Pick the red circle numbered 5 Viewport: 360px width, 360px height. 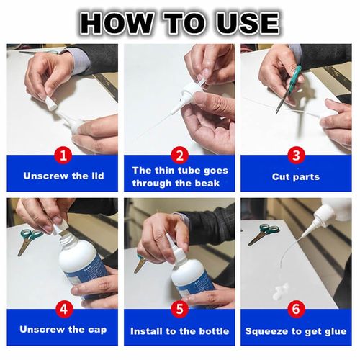[180, 310]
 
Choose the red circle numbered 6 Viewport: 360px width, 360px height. [296, 310]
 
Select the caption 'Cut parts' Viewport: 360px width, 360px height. [296, 176]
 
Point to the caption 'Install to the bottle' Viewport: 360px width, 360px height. [179, 331]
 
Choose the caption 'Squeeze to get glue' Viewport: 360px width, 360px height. [296, 331]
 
